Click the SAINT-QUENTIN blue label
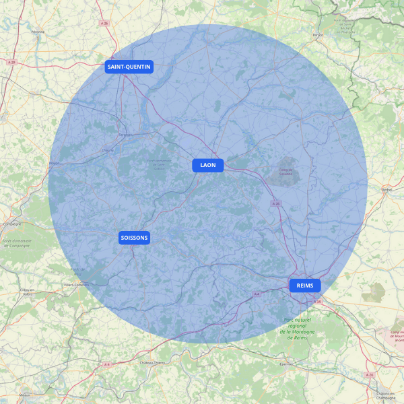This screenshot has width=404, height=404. [x=129, y=67]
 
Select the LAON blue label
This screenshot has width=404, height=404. [x=208, y=165]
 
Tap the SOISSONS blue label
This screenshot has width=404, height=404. [x=135, y=238]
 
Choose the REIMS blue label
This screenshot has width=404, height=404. [x=305, y=285]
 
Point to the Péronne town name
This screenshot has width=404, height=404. [x=38, y=32]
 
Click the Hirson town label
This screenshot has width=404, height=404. [x=318, y=35]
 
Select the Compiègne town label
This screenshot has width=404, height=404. [x=12, y=224]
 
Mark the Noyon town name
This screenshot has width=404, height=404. [x=55, y=163]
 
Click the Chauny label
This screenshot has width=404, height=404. [x=107, y=149]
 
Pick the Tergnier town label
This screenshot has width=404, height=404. [x=126, y=135]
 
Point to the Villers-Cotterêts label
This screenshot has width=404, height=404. [x=77, y=284]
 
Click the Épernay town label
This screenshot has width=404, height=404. [x=287, y=364]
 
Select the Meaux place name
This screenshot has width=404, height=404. [x=25, y=395]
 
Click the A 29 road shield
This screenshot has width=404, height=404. [x=11, y=62]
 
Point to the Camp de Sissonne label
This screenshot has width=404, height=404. [x=286, y=172]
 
